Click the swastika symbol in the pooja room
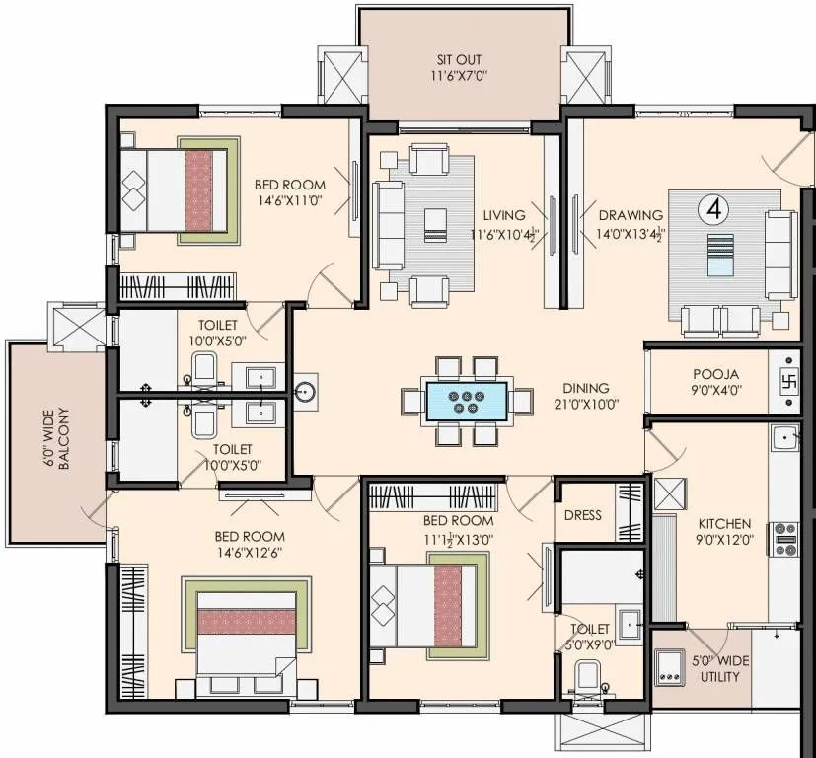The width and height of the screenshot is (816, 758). tap(788, 380)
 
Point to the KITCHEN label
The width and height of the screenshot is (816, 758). tap(725, 523)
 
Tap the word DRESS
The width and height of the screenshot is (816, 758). tap(582, 515)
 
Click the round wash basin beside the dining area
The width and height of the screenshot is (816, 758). tap(306, 392)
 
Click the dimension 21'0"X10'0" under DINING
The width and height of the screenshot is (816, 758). tap(586, 404)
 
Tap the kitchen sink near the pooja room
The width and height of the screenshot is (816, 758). tap(785, 436)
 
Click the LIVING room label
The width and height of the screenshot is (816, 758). tap(503, 215)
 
